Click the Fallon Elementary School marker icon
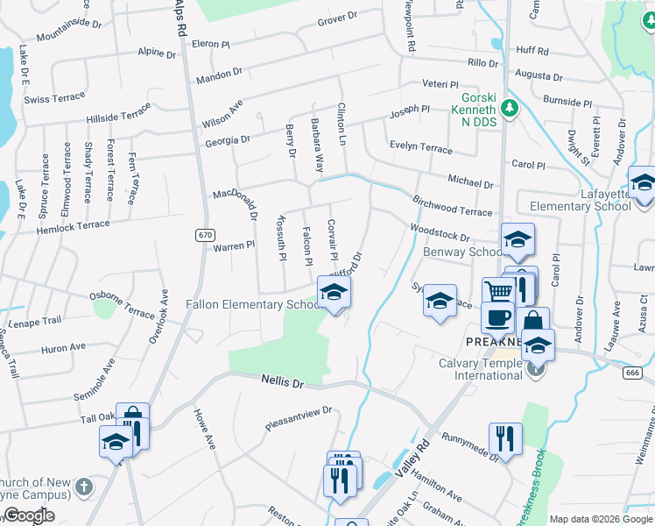(x=334, y=294)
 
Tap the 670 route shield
(x=205, y=235)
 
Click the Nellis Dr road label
(x=282, y=381)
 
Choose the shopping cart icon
(x=497, y=291)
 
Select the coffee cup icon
(x=499, y=316)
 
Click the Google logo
(x=28, y=515)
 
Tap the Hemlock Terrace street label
(x=74, y=228)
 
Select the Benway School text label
(x=461, y=252)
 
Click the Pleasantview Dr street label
(x=299, y=419)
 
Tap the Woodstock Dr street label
(x=440, y=234)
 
